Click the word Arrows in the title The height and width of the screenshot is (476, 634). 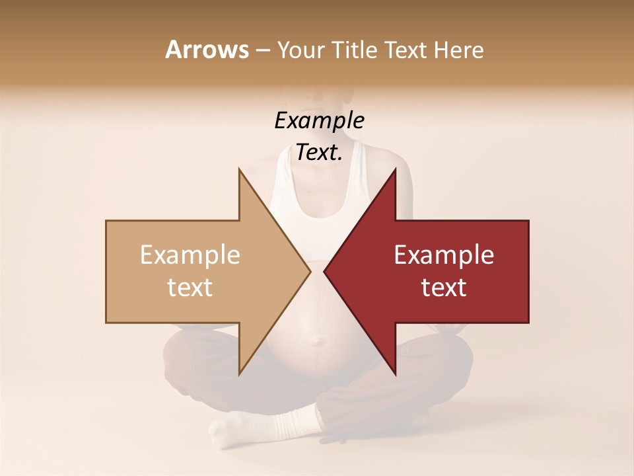click(x=207, y=50)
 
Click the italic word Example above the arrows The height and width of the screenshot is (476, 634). click(x=319, y=121)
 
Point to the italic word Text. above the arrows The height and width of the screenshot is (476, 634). click(x=319, y=153)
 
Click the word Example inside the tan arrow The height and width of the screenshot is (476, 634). click(x=190, y=255)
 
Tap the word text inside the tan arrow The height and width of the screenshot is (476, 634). click(x=190, y=288)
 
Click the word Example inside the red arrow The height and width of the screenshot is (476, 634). click(x=444, y=255)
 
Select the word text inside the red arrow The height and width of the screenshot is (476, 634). click(x=444, y=288)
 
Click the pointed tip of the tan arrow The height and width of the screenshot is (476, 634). click(x=310, y=271)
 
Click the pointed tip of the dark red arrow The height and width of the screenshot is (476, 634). click(x=325, y=271)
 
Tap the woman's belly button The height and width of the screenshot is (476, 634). click(x=319, y=341)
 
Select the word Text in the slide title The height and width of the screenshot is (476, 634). click(x=405, y=50)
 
